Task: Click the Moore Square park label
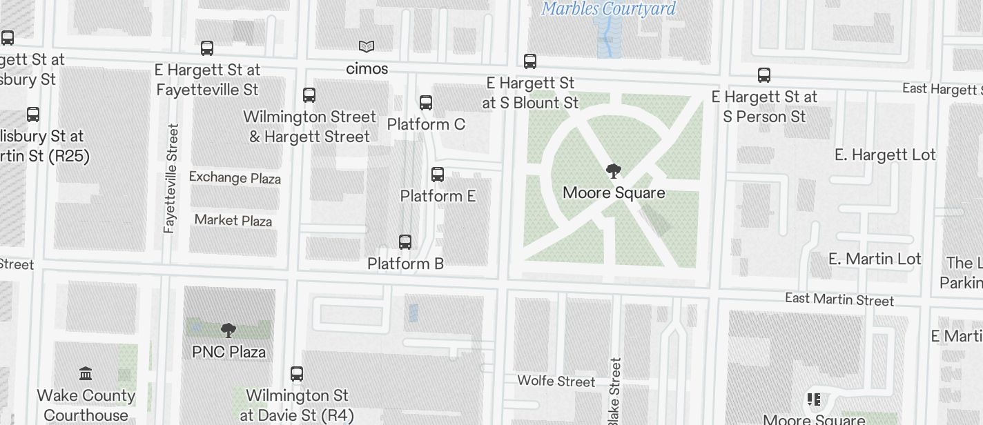614,192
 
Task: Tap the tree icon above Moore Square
613,171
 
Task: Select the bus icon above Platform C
426,103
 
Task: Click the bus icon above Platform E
438,174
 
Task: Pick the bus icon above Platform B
405,242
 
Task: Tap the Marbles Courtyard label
608,9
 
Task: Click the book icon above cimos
367,47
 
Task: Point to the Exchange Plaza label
235,177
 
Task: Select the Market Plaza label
233,220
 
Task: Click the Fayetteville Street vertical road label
171,178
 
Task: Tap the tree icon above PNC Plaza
228,330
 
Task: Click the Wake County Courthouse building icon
86,374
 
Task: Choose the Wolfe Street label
556,381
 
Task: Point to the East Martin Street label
839,299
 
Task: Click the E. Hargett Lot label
885,155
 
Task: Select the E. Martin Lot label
875,259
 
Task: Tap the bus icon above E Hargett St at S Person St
764,75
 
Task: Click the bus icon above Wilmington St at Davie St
297,374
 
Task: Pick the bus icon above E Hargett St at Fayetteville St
207,48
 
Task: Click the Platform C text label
426,124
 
